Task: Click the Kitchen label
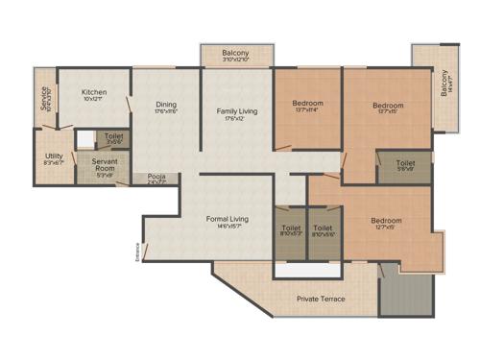coord(94,92)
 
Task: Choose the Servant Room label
coord(105,165)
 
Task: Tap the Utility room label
coord(54,156)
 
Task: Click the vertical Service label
coord(43,100)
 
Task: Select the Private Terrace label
coord(321,299)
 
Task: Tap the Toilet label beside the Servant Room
coord(114,137)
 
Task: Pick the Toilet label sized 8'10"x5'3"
coord(290,228)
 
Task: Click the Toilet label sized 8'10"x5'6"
coord(324,228)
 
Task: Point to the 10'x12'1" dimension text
coord(94,100)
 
